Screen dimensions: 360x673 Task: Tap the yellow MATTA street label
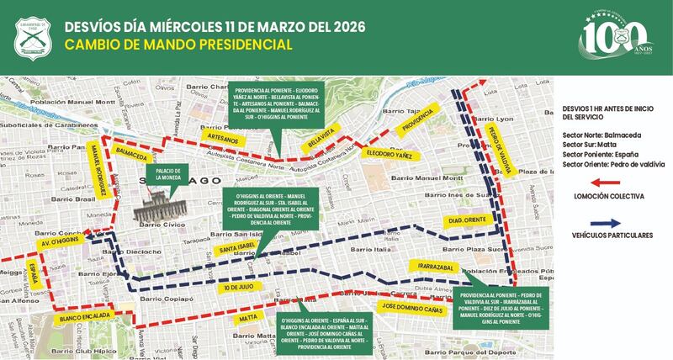point(248,319)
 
